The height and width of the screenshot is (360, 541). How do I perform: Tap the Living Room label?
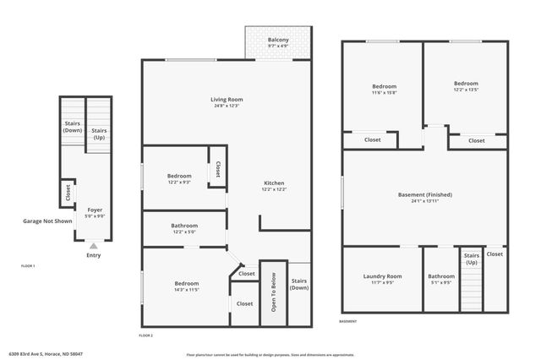point(227,100)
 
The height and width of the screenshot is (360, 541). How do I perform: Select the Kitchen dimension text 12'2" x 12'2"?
point(274,190)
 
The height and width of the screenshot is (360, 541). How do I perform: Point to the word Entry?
point(93,255)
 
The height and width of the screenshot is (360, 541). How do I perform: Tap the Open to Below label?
point(273,292)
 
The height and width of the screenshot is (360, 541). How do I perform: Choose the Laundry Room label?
point(382,276)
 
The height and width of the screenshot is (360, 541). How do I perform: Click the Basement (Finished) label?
point(424,195)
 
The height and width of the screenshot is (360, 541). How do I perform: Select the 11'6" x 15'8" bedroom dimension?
point(385,92)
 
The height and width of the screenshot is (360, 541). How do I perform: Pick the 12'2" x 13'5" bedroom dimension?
point(466,89)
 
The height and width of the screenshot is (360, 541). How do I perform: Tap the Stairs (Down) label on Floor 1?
point(73,128)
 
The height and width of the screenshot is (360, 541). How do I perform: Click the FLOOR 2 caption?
point(145,335)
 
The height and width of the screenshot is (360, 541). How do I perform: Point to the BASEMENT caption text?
point(347,322)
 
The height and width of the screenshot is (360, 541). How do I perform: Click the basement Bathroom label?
point(440,276)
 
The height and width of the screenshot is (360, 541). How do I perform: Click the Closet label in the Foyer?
point(68,194)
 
